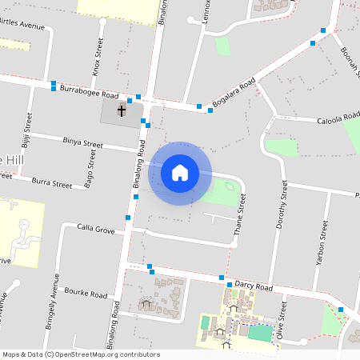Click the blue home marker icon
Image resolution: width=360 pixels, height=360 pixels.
(x=180, y=172)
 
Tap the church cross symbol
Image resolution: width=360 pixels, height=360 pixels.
(x=122, y=110)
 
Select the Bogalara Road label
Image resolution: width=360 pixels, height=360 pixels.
(x=234, y=92)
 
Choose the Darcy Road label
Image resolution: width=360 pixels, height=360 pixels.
(x=254, y=286)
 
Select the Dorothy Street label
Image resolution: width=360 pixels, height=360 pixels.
(x=283, y=203)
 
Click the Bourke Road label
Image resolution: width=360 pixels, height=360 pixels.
(x=86, y=294)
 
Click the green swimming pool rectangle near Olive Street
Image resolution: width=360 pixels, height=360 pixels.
(x=259, y=331)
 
